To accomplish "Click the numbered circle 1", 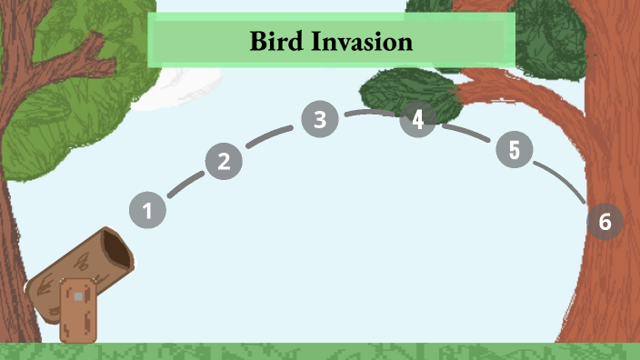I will click(147, 211).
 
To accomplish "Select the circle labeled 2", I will click(224, 162).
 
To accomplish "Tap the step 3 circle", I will click(320, 119).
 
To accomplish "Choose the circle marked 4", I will click(417, 120).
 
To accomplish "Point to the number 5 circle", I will click(514, 150).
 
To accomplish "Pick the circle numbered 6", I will click(605, 221).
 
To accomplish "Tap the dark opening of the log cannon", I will click(116, 247).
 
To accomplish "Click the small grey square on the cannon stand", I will click(79, 296).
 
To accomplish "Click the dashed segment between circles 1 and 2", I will click(185, 185).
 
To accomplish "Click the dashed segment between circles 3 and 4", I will click(368, 113).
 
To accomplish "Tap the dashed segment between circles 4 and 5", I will click(465, 132).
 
